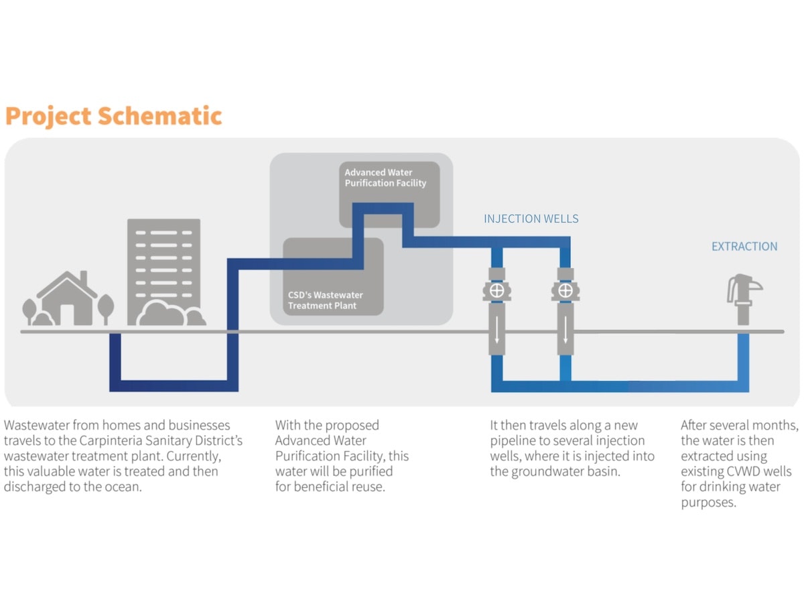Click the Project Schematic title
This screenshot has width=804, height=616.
pyautogui.click(x=113, y=116)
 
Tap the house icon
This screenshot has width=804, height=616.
pyautogui.click(x=67, y=300)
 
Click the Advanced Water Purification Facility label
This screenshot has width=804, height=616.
pyautogui.click(x=385, y=178)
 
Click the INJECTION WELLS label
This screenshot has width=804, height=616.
pyautogui.click(x=531, y=219)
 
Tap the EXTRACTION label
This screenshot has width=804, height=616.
pyautogui.click(x=744, y=247)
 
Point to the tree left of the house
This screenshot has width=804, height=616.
pyautogui.click(x=29, y=310)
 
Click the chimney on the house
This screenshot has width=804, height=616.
pyautogui.click(x=84, y=278)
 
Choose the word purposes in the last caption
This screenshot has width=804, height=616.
pyautogui.click(x=708, y=502)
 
